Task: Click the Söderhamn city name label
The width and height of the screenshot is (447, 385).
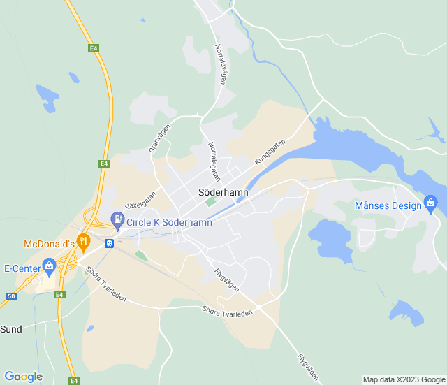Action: coord(223,190)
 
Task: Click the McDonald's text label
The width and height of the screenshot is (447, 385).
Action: coord(49,244)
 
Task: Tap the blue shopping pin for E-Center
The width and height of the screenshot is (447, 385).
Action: coord(49,266)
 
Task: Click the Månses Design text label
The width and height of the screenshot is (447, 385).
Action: coord(388,205)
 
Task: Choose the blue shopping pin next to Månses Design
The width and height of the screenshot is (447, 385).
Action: coord(430,204)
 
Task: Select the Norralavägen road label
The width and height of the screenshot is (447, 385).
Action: coord(221,65)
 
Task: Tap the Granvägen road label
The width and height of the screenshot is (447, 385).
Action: coord(159,139)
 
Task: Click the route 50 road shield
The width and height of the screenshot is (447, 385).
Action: coord(10,296)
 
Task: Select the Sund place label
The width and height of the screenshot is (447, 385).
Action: coord(11,328)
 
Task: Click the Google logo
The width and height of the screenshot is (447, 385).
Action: coord(23,377)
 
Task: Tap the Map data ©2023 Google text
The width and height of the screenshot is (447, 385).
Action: coord(402,379)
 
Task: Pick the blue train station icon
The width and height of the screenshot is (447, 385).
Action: coord(109,243)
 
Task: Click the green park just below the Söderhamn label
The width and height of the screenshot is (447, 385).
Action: coord(210,203)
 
